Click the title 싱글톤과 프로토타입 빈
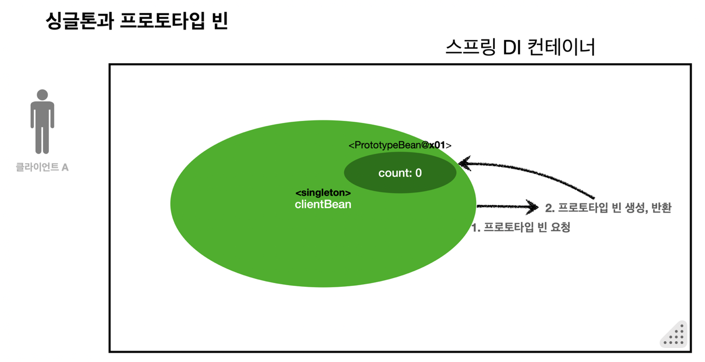click(137, 21)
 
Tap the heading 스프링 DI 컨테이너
click(520, 48)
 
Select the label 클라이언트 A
click(42, 168)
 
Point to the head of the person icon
click(42, 95)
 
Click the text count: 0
click(400, 173)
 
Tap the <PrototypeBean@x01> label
click(400, 145)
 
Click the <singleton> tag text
click(323, 193)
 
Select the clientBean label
click(323, 204)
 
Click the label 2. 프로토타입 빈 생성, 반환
click(608, 208)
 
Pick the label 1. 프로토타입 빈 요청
click(521, 228)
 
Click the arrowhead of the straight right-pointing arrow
click(533, 207)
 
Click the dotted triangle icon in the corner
click(675, 335)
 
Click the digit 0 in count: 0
click(418, 173)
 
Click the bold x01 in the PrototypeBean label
click(437, 145)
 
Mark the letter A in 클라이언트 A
click(65, 168)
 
